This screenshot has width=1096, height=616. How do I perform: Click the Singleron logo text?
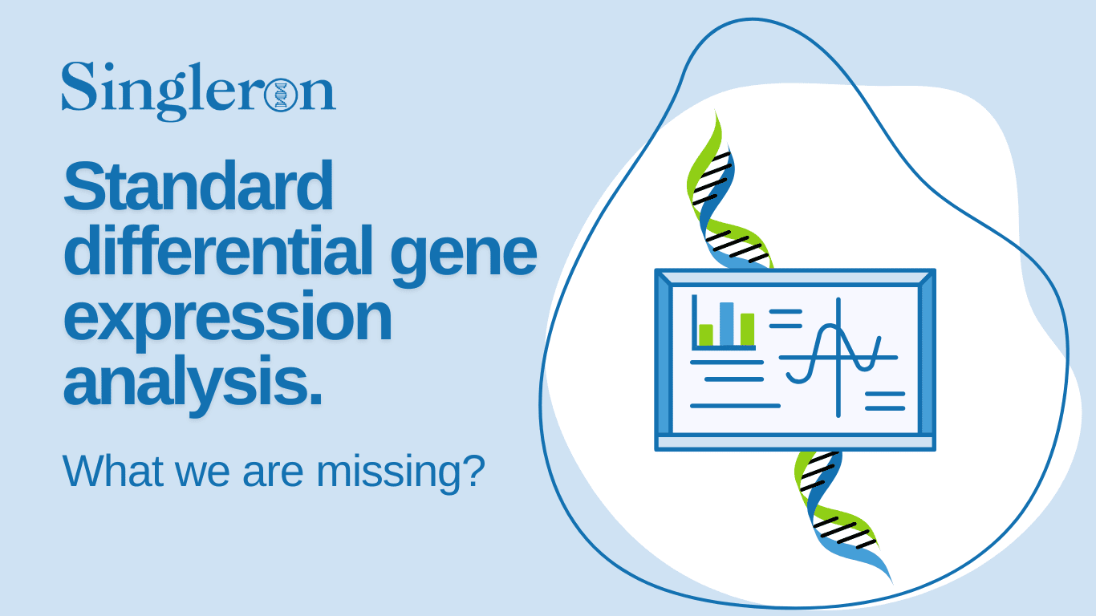tap(197, 87)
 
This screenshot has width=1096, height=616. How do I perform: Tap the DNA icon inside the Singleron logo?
tap(280, 95)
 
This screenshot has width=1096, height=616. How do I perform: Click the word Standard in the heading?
tap(198, 186)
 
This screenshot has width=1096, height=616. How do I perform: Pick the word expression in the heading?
tap(227, 319)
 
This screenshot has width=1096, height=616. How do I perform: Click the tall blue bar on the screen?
tap(726, 324)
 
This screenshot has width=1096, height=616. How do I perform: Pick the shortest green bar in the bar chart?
tap(706, 334)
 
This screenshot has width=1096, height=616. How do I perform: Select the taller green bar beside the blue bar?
tap(747, 329)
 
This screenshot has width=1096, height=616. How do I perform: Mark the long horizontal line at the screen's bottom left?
tap(735, 406)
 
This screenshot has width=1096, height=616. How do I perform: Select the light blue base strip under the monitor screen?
tap(795, 442)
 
